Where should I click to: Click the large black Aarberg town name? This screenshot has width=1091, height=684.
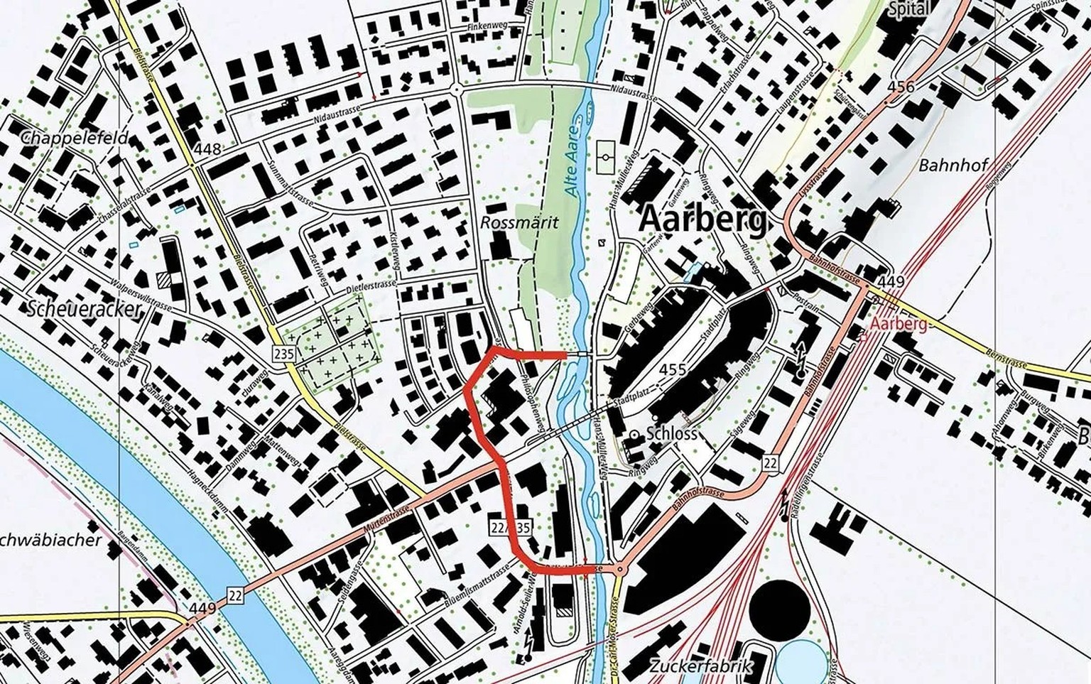coord(702,219)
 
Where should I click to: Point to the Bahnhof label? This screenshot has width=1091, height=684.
coord(953,165)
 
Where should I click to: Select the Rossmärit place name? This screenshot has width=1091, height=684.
coord(519,222)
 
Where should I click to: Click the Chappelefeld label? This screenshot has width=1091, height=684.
coord(75,137)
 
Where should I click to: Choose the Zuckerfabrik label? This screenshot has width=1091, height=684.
coord(700,666)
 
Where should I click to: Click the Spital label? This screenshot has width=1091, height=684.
coord(908,9)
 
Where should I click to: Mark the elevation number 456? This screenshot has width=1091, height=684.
coord(901,87)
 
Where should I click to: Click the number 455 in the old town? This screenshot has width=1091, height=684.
coord(672,369)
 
